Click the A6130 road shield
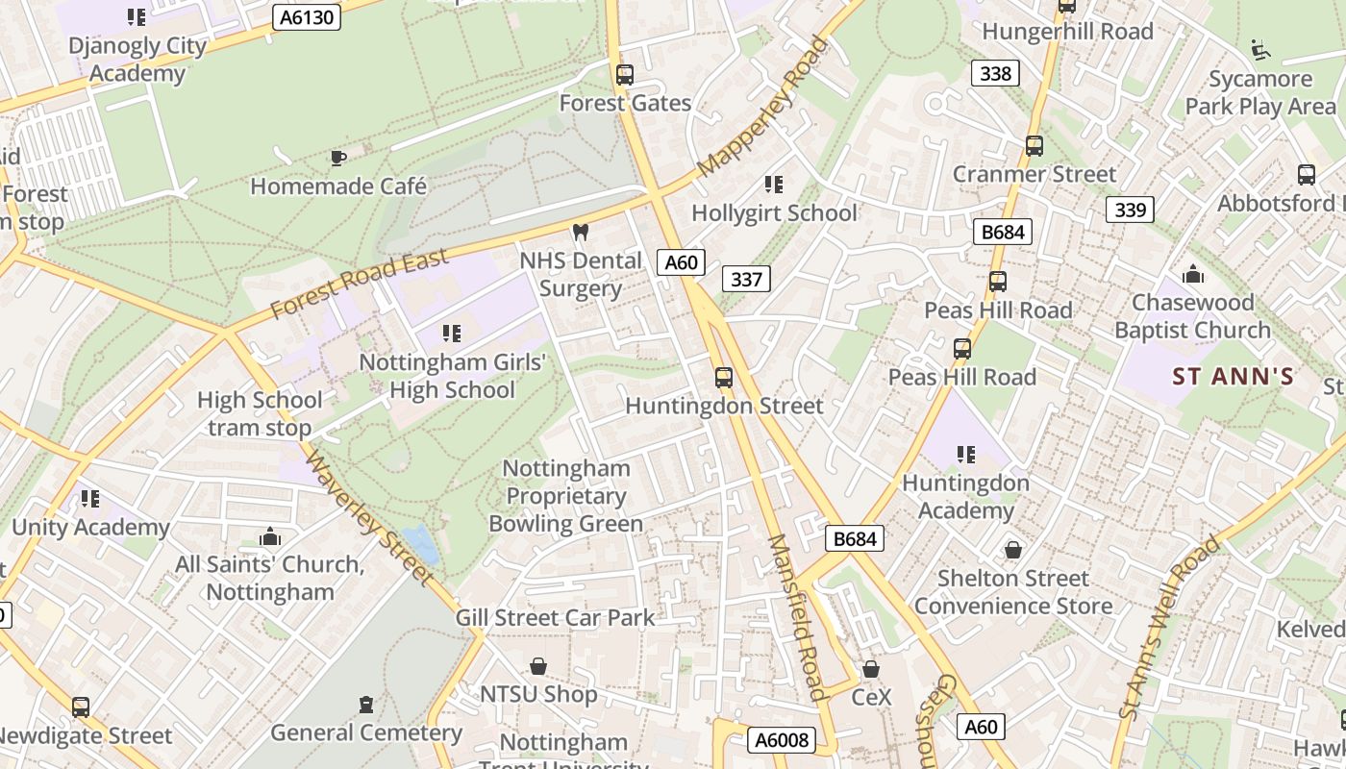tap(307, 16)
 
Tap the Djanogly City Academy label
tap(137, 60)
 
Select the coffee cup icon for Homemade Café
tap(337, 158)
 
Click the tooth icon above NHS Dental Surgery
tap(580, 232)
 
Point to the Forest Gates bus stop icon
tap(625, 75)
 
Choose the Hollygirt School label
tap(774, 212)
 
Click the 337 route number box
tap(746, 279)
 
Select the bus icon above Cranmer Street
tap(1034, 146)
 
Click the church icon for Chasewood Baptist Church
tap(1193, 274)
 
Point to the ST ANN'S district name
tap(1234, 377)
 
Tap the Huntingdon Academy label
tap(965, 496)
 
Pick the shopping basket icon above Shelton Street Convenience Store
tap(1012, 550)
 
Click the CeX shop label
tap(872, 697)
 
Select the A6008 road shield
tap(782, 739)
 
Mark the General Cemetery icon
tap(365, 705)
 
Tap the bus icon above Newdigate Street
tap(81, 707)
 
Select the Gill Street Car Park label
tap(555, 617)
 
